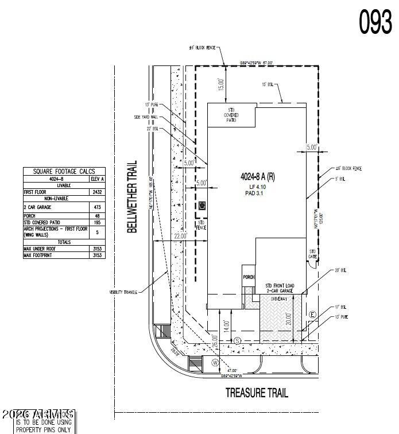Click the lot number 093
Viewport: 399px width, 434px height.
click(x=375, y=21)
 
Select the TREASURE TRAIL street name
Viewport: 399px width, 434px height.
click(x=257, y=393)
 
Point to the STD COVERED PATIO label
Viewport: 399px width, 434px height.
click(x=231, y=115)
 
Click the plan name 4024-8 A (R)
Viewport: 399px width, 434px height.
click(x=257, y=178)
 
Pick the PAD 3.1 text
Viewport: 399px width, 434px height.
click(x=257, y=194)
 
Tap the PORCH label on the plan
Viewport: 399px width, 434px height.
click(x=249, y=277)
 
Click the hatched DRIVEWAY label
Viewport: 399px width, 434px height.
click(x=276, y=299)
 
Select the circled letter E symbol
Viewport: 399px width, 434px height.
click(x=312, y=315)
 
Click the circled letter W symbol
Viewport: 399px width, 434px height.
click(x=215, y=363)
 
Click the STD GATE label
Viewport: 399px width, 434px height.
click(x=313, y=253)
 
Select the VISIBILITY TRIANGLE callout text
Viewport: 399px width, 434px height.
click(x=123, y=292)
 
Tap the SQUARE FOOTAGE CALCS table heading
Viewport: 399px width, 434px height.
click(x=64, y=171)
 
